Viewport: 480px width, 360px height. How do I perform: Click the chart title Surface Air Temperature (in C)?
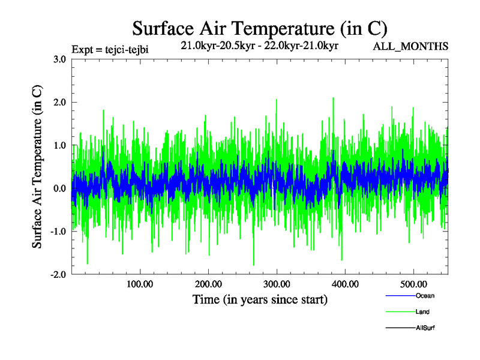[x=259, y=28]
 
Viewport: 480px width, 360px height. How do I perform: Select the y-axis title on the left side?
[x=37, y=167]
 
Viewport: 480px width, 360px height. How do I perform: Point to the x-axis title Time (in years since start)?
[x=259, y=299]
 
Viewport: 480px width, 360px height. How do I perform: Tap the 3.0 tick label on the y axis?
[x=59, y=59]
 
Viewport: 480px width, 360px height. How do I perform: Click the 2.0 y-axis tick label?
[x=59, y=102]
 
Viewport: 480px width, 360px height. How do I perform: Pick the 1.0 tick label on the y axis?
[x=59, y=145]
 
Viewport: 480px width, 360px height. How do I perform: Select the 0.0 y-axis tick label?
[x=59, y=188]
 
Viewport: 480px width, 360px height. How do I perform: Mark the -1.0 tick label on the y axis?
[x=57, y=232]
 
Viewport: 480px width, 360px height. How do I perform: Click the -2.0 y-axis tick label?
[x=57, y=274]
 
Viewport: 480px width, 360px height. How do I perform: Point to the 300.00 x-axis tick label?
[x=277, y=284]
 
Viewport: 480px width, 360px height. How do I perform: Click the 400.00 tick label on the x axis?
[x=345, y=284]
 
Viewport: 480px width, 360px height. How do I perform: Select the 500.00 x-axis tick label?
[x=413, y=284]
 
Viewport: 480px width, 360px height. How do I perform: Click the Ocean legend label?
[x=424, y=296]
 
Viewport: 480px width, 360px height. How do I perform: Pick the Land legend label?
[x=422, y=312]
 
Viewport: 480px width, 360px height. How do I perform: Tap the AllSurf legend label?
[x=425, y=328]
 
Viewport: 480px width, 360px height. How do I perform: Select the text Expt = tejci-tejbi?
[x=109, y=49]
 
